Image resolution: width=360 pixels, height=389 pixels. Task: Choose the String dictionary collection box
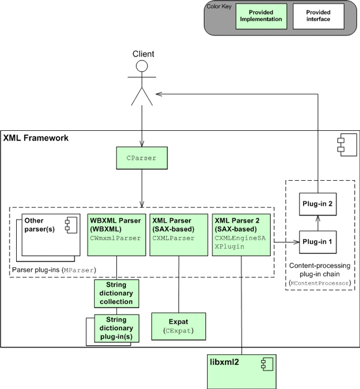point(116,294)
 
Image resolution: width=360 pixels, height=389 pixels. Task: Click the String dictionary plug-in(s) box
point(116,328)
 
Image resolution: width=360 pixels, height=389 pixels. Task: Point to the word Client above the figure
point(143,54)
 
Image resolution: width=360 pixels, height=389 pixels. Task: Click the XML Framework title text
point(36,138)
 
